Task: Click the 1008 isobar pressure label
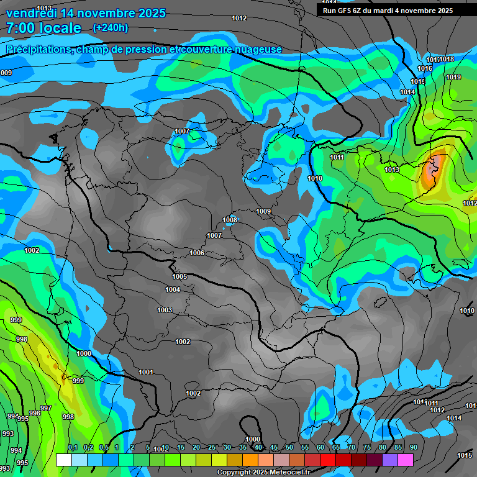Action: click(230, 220)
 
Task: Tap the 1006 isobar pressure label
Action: click(197, 253)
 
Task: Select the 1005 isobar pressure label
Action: click(179, 276)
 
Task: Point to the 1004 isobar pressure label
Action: click(173, 289)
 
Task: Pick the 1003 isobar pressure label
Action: click(165, 310)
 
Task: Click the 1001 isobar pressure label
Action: click(146, 372)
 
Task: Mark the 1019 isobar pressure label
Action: click(453, 77)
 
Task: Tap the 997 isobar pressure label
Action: click(45, 408)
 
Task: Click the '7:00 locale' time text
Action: click(43, 28)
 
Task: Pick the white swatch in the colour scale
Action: click(63, 460)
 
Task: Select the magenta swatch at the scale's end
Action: click(405, 460)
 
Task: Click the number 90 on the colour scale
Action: click(413, 448)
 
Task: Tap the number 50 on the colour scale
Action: click(289, 448)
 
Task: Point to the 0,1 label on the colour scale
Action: click(73, 448)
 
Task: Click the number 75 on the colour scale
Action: click(366, 448)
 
